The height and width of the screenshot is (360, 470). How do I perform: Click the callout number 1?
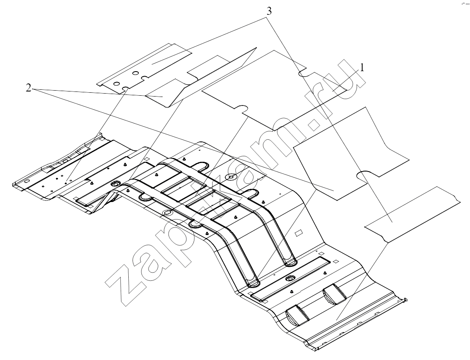click(x=362, y=68)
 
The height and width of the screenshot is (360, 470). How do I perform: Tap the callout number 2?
click(x=28, y=88)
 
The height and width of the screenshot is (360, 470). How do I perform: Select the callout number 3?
click(x=269, y=11)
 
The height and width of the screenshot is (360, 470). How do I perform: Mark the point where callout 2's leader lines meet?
click(x=33, y=89)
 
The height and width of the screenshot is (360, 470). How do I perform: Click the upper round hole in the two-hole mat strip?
click(x=135, y=73)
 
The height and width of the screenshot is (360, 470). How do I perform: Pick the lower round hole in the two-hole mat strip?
click(x=117, y=83)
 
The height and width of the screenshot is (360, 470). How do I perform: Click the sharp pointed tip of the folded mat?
click(x=257, y=47)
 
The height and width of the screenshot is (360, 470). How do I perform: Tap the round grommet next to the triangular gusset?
click(x=114, y=183)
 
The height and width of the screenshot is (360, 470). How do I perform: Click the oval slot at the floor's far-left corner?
click(x=26, y=181)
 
